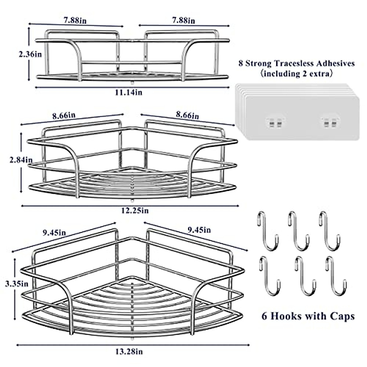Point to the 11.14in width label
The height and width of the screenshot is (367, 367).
click(128, 92)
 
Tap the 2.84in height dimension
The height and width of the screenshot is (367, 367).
click(20, 159)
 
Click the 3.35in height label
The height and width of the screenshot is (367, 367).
click(17, 284)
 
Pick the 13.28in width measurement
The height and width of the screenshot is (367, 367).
click(129, 352)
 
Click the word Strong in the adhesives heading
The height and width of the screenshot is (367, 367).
click(258, 64)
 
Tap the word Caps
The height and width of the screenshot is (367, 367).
click(342, 316)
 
